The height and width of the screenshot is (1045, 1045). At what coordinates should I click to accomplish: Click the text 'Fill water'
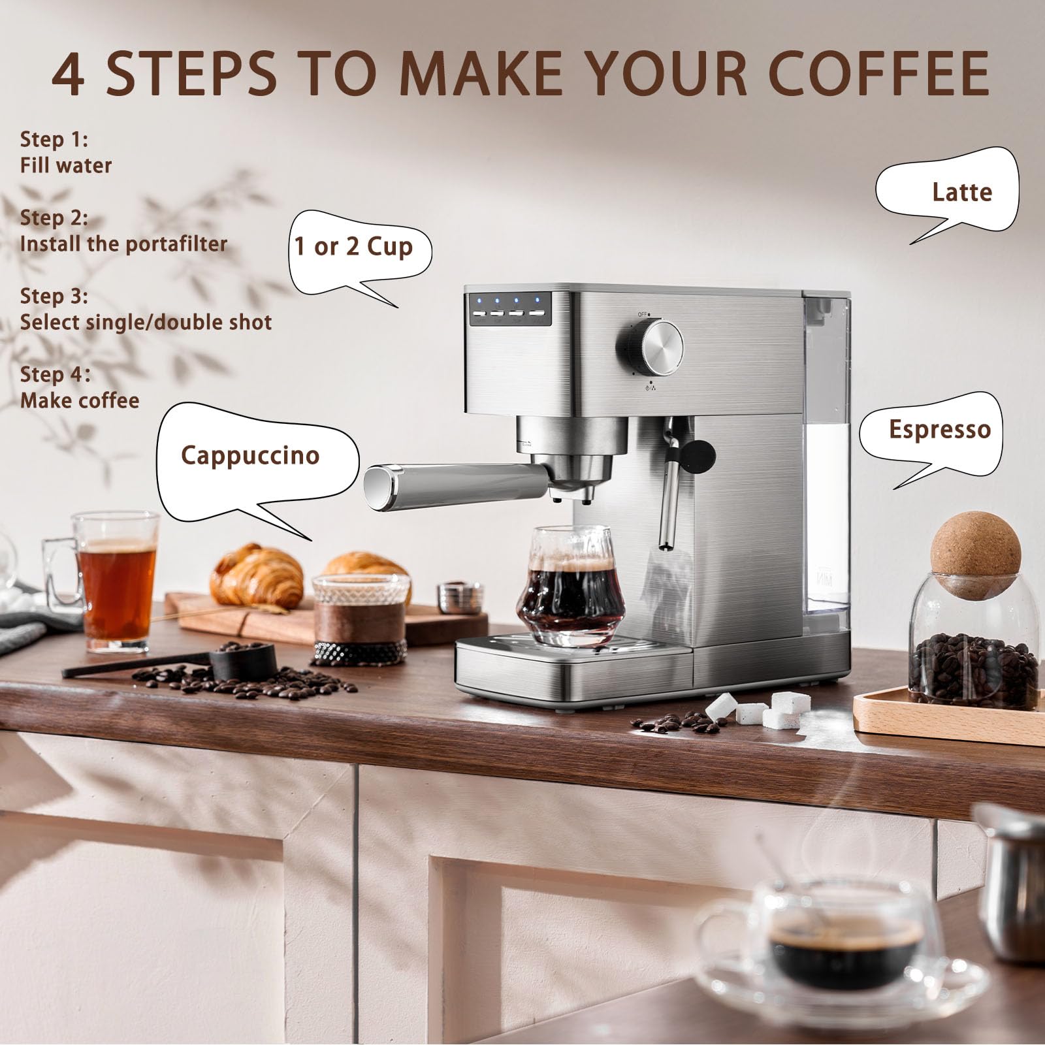[x=65, y=165]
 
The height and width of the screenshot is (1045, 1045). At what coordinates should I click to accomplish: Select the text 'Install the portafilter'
[x=123, y=244]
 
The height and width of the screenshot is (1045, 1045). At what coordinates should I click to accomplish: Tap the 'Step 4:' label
[x=54, y=374]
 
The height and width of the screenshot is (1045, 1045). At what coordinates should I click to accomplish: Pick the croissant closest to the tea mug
[x=257, y=576]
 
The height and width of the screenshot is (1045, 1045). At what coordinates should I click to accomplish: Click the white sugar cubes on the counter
[x=764, y=710]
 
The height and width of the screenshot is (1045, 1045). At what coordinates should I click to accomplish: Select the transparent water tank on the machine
[x=826, y=457]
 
